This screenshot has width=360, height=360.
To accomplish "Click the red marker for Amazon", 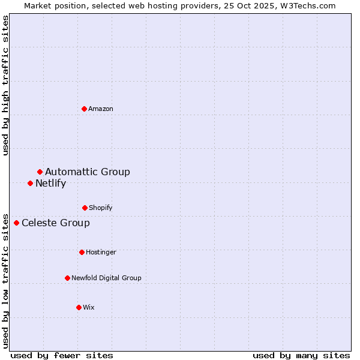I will pyautogui.click(x=84, y=109).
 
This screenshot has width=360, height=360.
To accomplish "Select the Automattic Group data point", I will pyautogui.click(x=40, y=172).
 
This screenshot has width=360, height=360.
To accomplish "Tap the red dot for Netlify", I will pyautogui.click(x=30, y=183).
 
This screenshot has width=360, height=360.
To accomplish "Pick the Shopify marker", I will pyautogui.click(x=85, y=208).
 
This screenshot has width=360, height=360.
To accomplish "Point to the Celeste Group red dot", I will pyautogui.click(x=16, y=223).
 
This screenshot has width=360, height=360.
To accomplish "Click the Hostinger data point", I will pyautogui.click(x=82, y=252).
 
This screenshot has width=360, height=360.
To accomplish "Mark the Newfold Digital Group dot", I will pyautogui.click(x=67, y=278).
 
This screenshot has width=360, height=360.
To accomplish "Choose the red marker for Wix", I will pyautogui.click(x=79, y=307).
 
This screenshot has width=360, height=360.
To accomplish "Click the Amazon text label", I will pyautogui.click(x=101, y=109).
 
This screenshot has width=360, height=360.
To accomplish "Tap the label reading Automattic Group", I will pyautogui.click(x=88, y=172).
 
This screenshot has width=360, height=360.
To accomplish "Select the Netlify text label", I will pyautogui.click(x=50, y=184).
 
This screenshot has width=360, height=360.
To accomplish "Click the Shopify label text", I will pyautogui.click(x=101, y=208).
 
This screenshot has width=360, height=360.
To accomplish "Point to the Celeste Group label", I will pyautogui.click(x=56, y=223).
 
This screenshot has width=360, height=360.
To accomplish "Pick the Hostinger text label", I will pyautogui.click(x=101, y=252).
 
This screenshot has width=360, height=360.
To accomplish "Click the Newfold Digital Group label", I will pyautogui.click(x=106, y=278).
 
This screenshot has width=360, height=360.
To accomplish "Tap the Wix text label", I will pyautogui.click(x=89, y=307).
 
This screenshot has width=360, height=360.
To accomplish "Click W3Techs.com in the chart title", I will pyautogui.click(x=310, y=5).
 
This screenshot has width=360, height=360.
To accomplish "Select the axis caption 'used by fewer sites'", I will pyautogui.click(x=62, y=355).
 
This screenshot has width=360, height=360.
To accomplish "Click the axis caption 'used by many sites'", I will pyautogui.click(x=301, y=355).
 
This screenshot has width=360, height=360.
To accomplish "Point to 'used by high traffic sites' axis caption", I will pyautogui.click(x=5, y=85).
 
